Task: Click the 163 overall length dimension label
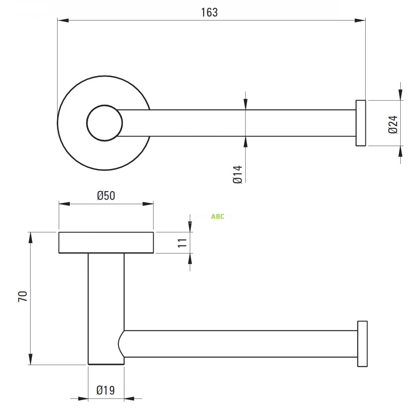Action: (209, 12)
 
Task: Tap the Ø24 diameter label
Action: (393, 124)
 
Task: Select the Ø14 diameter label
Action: (237, 174)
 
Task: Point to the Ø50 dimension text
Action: (106, 196)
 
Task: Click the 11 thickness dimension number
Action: (182, 242)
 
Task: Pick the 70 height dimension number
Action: (23, 296)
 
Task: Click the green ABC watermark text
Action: (218, 217)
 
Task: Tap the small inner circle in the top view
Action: (104, 123)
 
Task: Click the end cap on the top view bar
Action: (361, 123)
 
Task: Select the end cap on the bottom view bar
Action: (362, 344)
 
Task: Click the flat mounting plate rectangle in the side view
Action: (106, 243)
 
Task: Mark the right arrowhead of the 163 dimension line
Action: (361, 21)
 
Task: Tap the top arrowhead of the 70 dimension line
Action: (31, 237)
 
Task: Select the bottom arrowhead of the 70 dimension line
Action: (31, 359)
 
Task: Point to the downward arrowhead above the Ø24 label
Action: (401, 95)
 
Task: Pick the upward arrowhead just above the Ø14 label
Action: (245, 141)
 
